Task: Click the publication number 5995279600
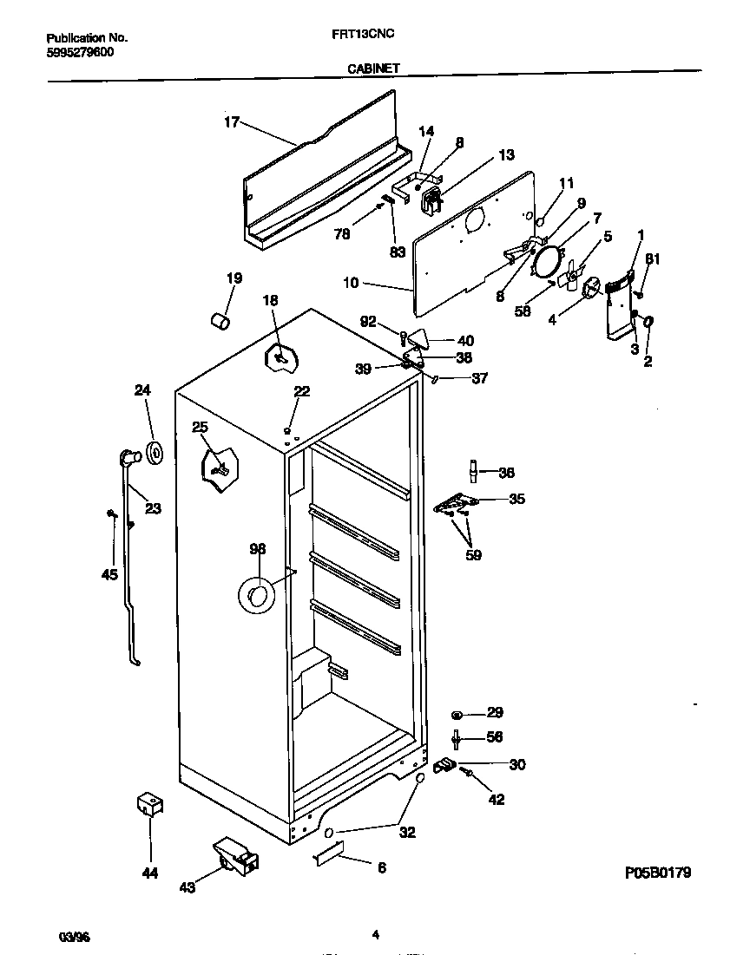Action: pos(78,52)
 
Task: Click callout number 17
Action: pos(231,122)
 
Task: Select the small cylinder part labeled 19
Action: pos(220,322)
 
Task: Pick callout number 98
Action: pos(257,549)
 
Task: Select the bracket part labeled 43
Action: pos(234,854)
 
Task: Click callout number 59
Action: pos(473,555)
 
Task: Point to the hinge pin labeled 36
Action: pos(474,471)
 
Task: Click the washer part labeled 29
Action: pos(457,714)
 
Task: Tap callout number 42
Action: pos(496,800)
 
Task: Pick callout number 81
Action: pos(652,258)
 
